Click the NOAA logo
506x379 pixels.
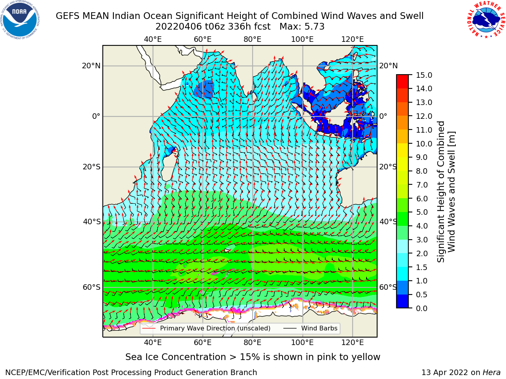(20, 20)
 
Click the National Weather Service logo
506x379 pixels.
(486, 19)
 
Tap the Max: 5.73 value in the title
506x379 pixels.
(302, 27)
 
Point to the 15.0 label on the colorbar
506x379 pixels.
(424, 75)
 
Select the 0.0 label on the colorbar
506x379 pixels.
(422, 308)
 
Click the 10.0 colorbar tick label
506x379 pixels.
(424, 144)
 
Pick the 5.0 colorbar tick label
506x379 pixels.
(422, 212)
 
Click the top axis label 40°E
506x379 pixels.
(153, 39)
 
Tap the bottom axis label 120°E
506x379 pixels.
(353, 343)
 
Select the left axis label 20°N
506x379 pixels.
(91, 66)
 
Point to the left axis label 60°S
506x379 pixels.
(92, 287)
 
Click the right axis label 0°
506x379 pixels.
(383, 116)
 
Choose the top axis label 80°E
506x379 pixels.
(253, 39)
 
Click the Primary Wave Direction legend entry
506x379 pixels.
(206, 328)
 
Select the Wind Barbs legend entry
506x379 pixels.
(310, 328)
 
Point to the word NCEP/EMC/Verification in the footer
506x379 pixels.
(57, 373)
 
